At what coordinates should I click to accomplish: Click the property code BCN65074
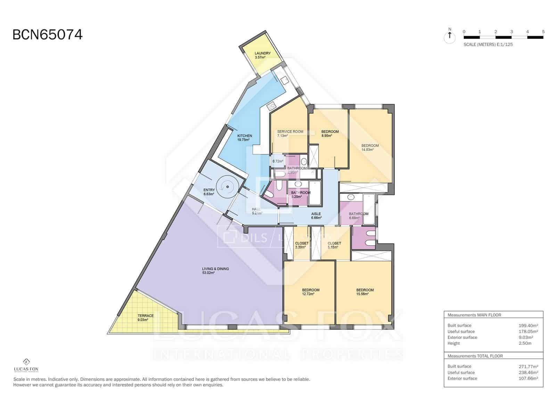click(48, 35)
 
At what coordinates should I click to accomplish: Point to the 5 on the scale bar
click(543, 32)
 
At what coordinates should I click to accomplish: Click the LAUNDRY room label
click(262, 55)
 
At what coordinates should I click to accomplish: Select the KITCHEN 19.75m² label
click(244, 138)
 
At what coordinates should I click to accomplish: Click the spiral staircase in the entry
click(227, 187)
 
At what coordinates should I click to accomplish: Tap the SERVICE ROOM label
click(290, 133)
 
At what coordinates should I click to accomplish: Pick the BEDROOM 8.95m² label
click(329, 133)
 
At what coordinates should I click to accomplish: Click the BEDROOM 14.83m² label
click(370, 147)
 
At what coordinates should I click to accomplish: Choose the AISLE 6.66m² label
click(316, 216)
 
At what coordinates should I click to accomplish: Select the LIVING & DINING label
click(215, 271)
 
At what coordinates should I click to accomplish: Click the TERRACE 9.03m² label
click(145, 318)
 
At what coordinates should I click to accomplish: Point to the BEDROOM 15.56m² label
click(365, 292)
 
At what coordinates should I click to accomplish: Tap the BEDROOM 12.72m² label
click(310, 292)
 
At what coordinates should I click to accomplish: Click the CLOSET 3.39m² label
click(301, 245)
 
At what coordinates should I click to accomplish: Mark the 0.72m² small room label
click(278, 161)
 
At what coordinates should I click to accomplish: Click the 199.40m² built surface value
click(528, 326)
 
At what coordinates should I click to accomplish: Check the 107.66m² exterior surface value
click(528, 378)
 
